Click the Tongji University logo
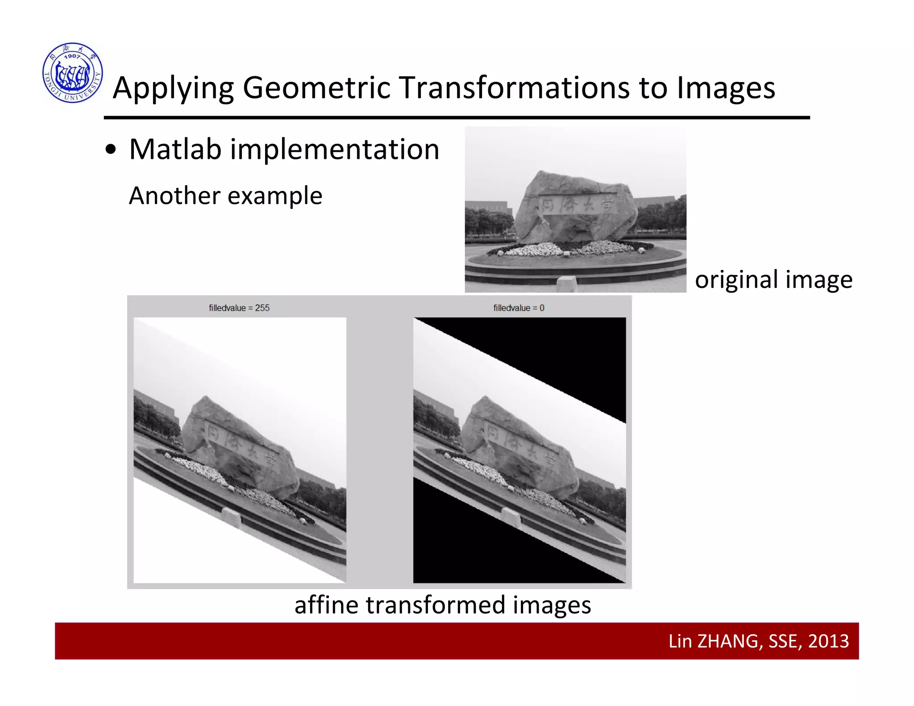[73, 73]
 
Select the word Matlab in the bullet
[175, 149]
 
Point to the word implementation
[335, 150]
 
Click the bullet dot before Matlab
[111, 150]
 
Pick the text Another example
[225, 195]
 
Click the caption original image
[773, 280]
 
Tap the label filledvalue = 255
[239, 308]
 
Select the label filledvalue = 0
[519, 308]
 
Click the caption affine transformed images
[443, 605]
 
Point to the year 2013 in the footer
[828, 641]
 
